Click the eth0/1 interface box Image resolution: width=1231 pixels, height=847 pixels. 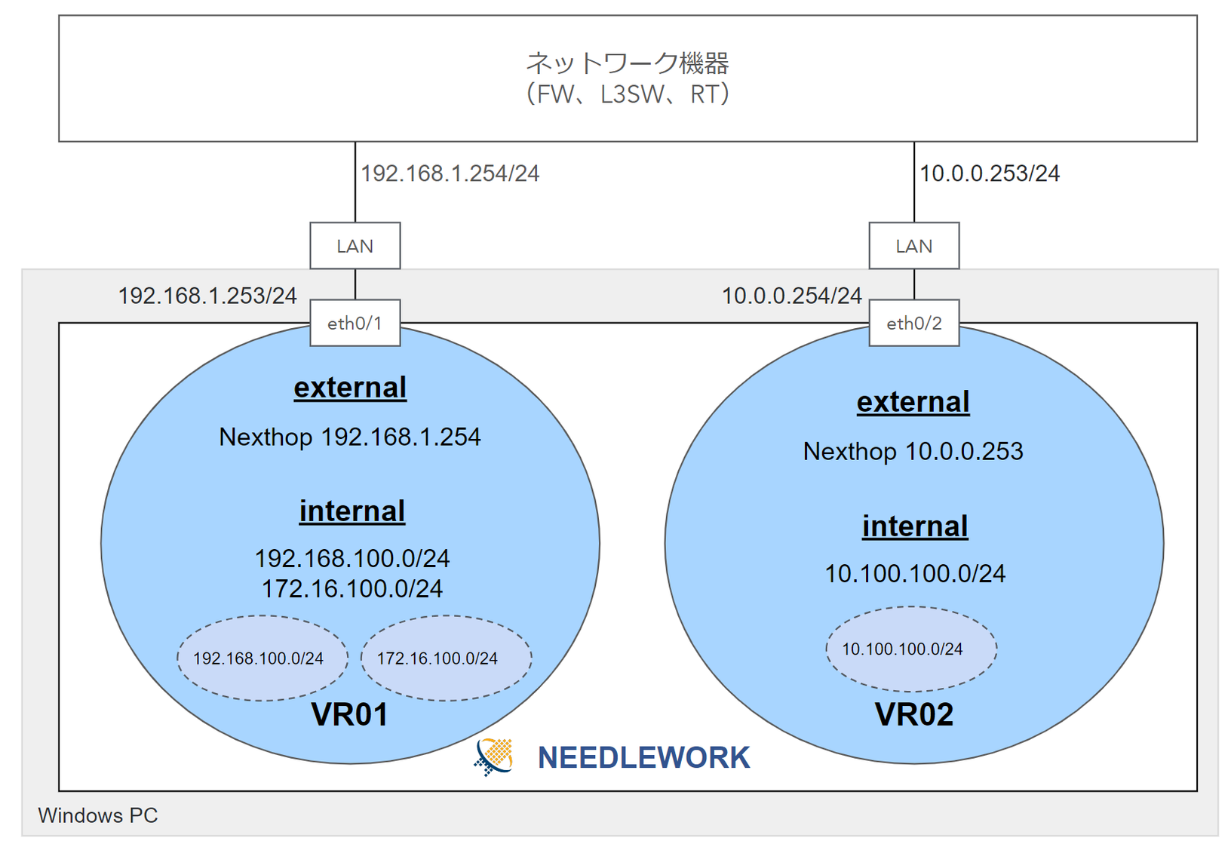pos(355,323)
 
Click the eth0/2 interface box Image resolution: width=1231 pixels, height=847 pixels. pos(914,323)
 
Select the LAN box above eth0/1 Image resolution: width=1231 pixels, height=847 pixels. pos(355,246)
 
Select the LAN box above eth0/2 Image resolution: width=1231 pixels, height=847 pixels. pos(914,246)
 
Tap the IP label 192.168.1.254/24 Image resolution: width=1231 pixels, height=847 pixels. pos(450,173)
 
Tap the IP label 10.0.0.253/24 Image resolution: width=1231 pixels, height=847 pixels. pos(990,173)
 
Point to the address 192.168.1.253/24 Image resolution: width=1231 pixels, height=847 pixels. pos(207,296)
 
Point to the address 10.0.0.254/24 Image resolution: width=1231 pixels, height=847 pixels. pos(792,296)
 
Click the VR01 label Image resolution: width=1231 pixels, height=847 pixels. pos(349,714)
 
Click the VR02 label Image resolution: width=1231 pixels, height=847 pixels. pos(914,714)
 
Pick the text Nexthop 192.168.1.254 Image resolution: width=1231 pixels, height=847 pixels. pos(350,437)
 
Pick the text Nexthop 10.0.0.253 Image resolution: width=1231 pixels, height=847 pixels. pos(913,451)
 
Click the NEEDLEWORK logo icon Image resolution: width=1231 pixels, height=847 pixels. pos(494,756)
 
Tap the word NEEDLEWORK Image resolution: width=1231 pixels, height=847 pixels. pos(643,757)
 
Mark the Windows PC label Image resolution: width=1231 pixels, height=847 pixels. pos(98,815)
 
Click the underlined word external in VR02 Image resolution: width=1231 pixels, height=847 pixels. pos(913,402)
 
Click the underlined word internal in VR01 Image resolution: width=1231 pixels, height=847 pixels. pos(352,511)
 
